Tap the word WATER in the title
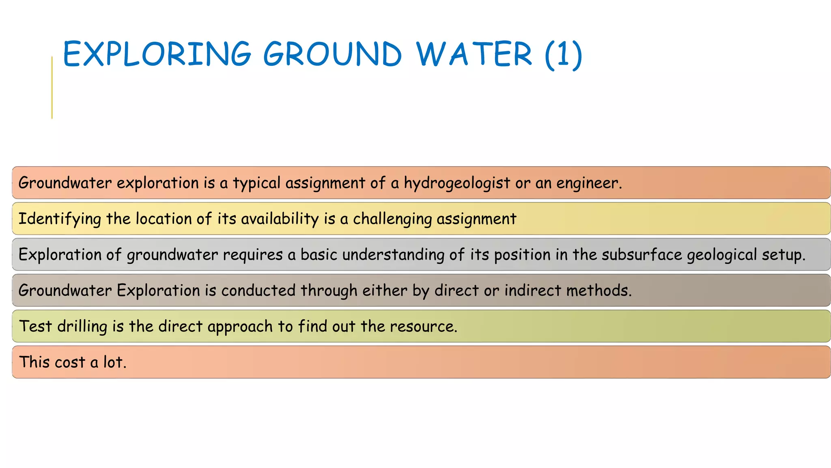tap(474, 54)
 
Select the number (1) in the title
tap(564, 55)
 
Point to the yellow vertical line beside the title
tap(52, 88)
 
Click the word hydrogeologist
tap(456, 183)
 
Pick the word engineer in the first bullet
tap(588, 183)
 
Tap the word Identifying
tap(60, 219)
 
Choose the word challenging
tap(392, 219)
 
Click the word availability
tap(280, 219)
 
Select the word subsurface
tap(642, 255)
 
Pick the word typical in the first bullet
tap(256, 183)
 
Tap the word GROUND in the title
tap(333, 54)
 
